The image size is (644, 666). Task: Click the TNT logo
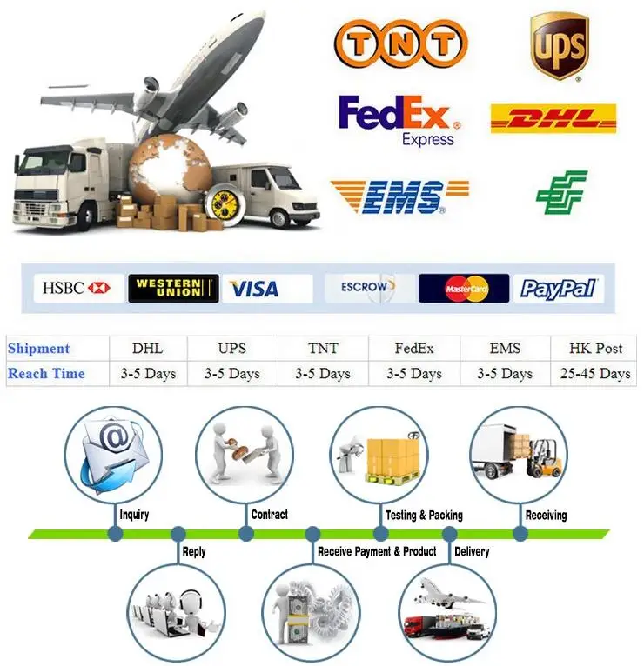(x=400, y=43)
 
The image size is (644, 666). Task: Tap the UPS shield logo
(x=559, y=45)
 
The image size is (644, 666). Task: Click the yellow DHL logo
(x=553, y=118)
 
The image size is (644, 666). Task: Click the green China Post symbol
(x=561, y=192)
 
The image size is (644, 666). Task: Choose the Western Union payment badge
(x=173, y=288)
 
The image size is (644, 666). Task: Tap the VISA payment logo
(x=253, y=289)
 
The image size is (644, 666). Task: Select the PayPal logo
(x=558, y=289)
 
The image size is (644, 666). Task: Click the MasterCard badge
(x=464, y=289)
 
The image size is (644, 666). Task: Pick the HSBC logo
(x=77, y=288)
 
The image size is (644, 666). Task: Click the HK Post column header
(x=595, y=348)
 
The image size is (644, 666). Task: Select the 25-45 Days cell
(x=595, y=374)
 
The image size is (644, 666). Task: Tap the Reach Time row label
(x=46, y=374)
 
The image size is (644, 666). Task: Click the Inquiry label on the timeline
(x=134, y=515)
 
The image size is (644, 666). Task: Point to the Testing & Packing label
(x=424, y=515)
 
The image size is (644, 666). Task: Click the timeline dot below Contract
(x=246, y=533)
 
